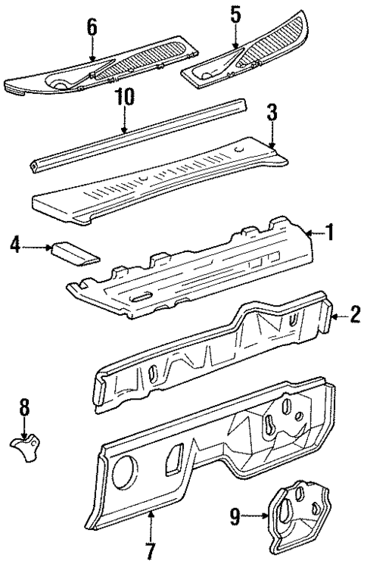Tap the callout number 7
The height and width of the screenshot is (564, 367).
[x=150, y=547]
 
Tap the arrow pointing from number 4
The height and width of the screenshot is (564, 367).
[x=38, y=246]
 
